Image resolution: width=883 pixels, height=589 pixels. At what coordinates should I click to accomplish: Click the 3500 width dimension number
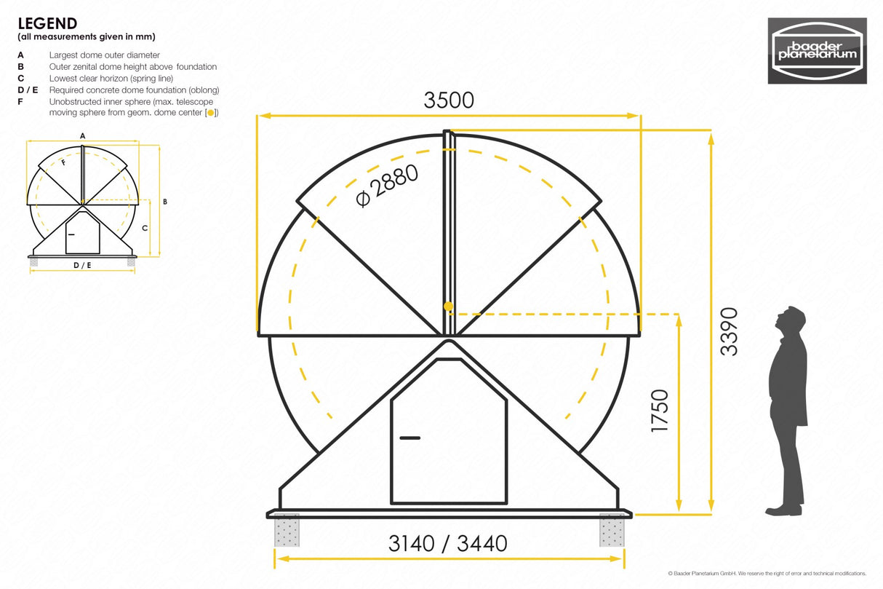click(x=449, y=100)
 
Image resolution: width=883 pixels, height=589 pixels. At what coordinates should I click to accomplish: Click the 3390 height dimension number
click(x=729, y=331)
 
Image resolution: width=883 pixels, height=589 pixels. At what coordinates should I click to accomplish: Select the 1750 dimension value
click(x=659, y=411)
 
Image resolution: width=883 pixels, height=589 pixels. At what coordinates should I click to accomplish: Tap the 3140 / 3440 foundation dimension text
click(x=447, y=543)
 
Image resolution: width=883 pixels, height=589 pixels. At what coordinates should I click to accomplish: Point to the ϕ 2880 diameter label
click(x=388, y=186)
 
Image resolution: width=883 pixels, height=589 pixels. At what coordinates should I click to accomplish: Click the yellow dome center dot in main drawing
click(x=449, y=306)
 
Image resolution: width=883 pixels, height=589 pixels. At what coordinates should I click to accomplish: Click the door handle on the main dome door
click(x=409, y=438)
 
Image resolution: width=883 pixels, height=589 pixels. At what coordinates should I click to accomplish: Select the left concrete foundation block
click(x=287, y=531)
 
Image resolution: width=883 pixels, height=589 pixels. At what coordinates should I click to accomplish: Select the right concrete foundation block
click(x=612, y=531)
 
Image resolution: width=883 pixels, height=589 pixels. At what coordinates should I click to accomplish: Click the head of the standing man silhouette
click(x=792, y=320)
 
